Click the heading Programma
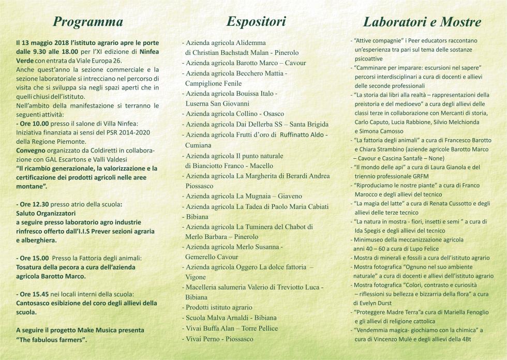pyautogui.click(x=88, y=22)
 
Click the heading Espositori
pyautogui.click(x=256, y=21)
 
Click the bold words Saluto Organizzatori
pyautogui.click(x=46, y=213)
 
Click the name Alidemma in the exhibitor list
pyautogui.click(x=251, y=42)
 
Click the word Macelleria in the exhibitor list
pyautogui.click(x=203, y=287)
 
